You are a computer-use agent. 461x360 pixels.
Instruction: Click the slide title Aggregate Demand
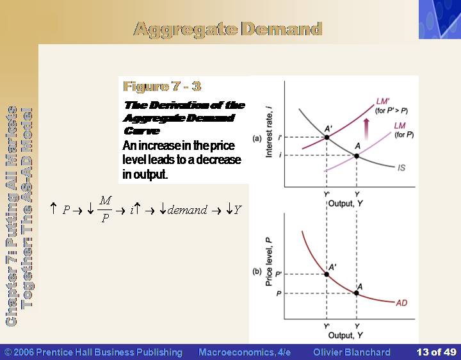coord(228,29)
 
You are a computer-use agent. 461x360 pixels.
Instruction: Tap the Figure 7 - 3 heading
coord(162,86)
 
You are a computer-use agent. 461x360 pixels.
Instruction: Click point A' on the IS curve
coord(327,137)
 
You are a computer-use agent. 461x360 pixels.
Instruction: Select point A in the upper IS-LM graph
coord(357,156)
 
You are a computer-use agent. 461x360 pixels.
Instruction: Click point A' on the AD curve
coord(327,274)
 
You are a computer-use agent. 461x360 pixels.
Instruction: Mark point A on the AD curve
coord(357,293)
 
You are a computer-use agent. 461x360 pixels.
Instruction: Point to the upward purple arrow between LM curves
coord(366,129)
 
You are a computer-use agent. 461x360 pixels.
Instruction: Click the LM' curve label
coord(383,101)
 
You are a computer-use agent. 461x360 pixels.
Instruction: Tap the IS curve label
coord(401,168)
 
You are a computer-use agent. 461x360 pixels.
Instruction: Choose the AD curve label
coord(401,303)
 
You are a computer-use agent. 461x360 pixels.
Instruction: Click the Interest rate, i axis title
coord(269,132)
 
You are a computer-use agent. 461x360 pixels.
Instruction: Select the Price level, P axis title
coord(268,262)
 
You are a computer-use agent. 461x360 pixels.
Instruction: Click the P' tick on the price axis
coord(279,274)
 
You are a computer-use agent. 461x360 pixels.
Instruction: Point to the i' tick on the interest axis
coord(280,137)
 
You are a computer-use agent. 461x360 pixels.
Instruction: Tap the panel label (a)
coord(257,138)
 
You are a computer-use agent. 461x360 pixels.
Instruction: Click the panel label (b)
coord(257,271)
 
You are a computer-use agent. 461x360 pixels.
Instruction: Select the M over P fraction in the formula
coord(105,209)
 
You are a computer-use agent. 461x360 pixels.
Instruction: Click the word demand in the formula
coord(187,210)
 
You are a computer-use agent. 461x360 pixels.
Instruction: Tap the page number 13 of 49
coord(436,352)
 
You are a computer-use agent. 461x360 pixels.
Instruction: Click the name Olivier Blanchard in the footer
coord(352,352)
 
